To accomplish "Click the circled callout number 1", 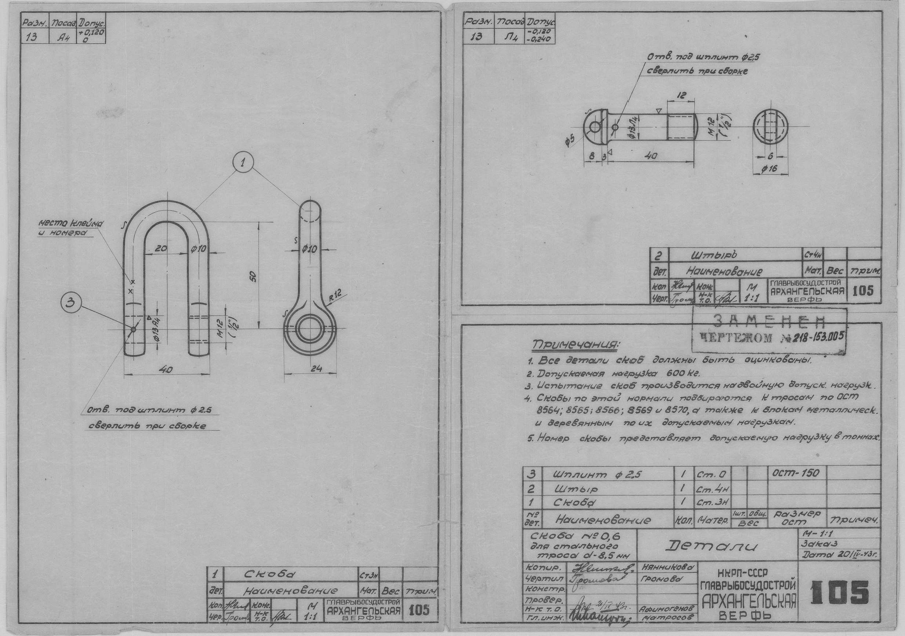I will click(x=243, y=163).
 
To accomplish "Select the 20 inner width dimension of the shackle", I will click(x=161, y=249).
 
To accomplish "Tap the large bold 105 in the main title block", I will click(x=840, y=593).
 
